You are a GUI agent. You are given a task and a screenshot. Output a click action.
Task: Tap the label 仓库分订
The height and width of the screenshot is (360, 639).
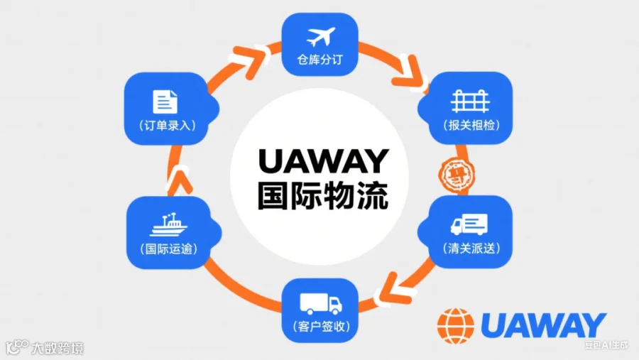(x=320, y=60)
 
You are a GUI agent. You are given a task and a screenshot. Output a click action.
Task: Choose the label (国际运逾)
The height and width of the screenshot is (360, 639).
(x=169, y=249)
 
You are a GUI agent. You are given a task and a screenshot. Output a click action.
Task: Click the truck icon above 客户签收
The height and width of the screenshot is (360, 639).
(x=321, y=304)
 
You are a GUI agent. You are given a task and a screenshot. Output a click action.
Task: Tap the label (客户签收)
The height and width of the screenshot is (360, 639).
(x=321, y=327)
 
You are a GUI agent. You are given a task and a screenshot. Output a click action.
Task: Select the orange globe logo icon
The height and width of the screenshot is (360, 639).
(x=455, y=326)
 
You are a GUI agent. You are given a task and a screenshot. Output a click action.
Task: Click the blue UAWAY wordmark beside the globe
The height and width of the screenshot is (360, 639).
(x=543, y=326)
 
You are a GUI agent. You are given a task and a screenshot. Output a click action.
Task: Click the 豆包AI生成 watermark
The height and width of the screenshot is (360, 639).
(x=606, y=346)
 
